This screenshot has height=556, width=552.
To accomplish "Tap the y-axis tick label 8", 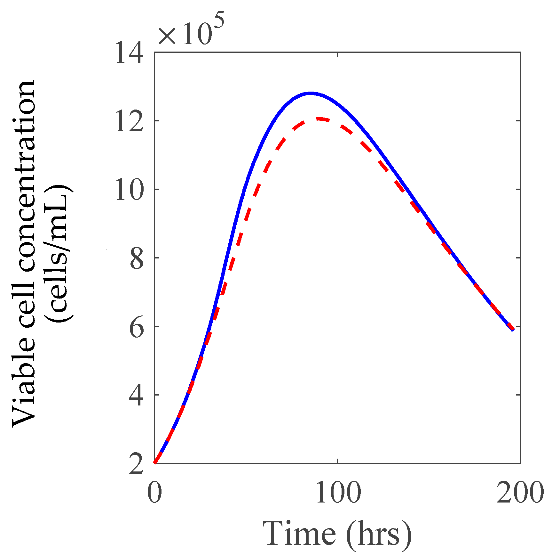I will click(x=137, y=258).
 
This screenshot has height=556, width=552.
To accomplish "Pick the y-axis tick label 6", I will click(x=137, y=327).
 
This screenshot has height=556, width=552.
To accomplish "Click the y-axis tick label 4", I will click(x=137, y=396).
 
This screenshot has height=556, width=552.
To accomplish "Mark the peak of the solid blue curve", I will click(x=310, y=93).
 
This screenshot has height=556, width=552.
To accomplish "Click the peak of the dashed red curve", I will click(x=320, y=119).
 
